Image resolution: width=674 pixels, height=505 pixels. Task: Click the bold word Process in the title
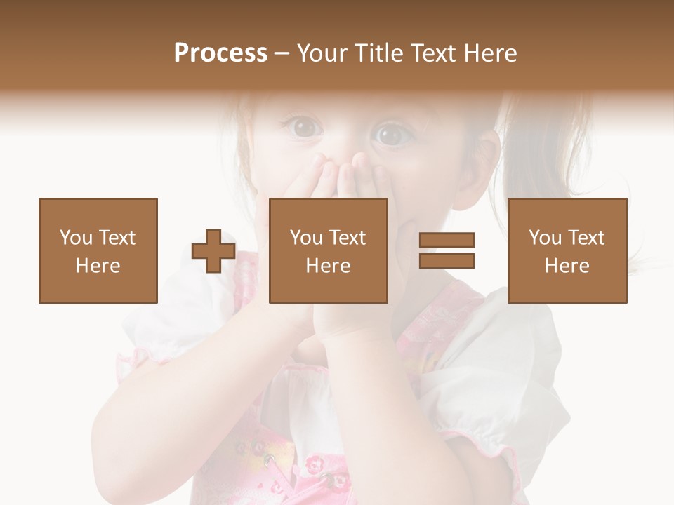(220, 53)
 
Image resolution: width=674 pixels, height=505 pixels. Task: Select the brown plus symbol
(213, 251)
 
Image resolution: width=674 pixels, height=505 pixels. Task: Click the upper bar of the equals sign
(447, 241)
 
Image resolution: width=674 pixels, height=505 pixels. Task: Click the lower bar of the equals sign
(447, 261)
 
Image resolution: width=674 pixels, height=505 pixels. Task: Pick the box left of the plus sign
(98, 250)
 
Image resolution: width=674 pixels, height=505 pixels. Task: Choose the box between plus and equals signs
(328, 250)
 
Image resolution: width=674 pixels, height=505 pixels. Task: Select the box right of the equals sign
(567, 250)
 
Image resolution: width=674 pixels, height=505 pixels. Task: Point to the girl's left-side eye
(304, 127)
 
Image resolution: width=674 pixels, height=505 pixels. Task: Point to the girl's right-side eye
(391, 134)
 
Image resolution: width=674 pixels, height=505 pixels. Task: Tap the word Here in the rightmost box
(567, 266)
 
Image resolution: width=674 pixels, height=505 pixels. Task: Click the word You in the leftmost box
(76, 238)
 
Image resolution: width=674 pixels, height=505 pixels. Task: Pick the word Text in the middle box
(348, 238)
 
